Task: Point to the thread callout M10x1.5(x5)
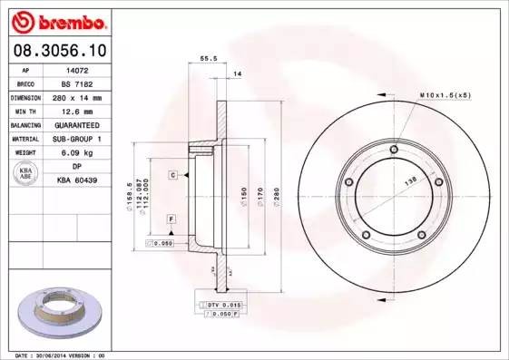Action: point(444,94)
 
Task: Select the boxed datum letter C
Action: point(171,174)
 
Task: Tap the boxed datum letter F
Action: point(171,220)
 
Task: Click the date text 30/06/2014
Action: point(59,355)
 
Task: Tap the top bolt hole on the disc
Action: point(393,151)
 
